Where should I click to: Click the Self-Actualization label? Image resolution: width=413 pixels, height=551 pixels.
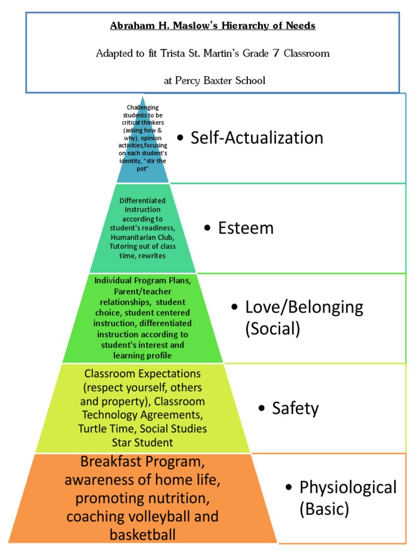(257, 138)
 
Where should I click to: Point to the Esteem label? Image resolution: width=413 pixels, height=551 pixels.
(246, 228)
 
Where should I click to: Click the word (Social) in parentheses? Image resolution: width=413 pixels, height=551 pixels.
(273, 328)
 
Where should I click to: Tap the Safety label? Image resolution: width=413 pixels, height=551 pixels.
(295, 408)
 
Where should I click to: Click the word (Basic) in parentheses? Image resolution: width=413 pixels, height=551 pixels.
(324, 508)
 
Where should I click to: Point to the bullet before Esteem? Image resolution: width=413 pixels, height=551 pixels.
(208, 229)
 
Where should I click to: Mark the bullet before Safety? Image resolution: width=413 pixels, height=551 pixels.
(261, 409)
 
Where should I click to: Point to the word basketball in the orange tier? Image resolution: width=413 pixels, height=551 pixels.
(143, 535)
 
